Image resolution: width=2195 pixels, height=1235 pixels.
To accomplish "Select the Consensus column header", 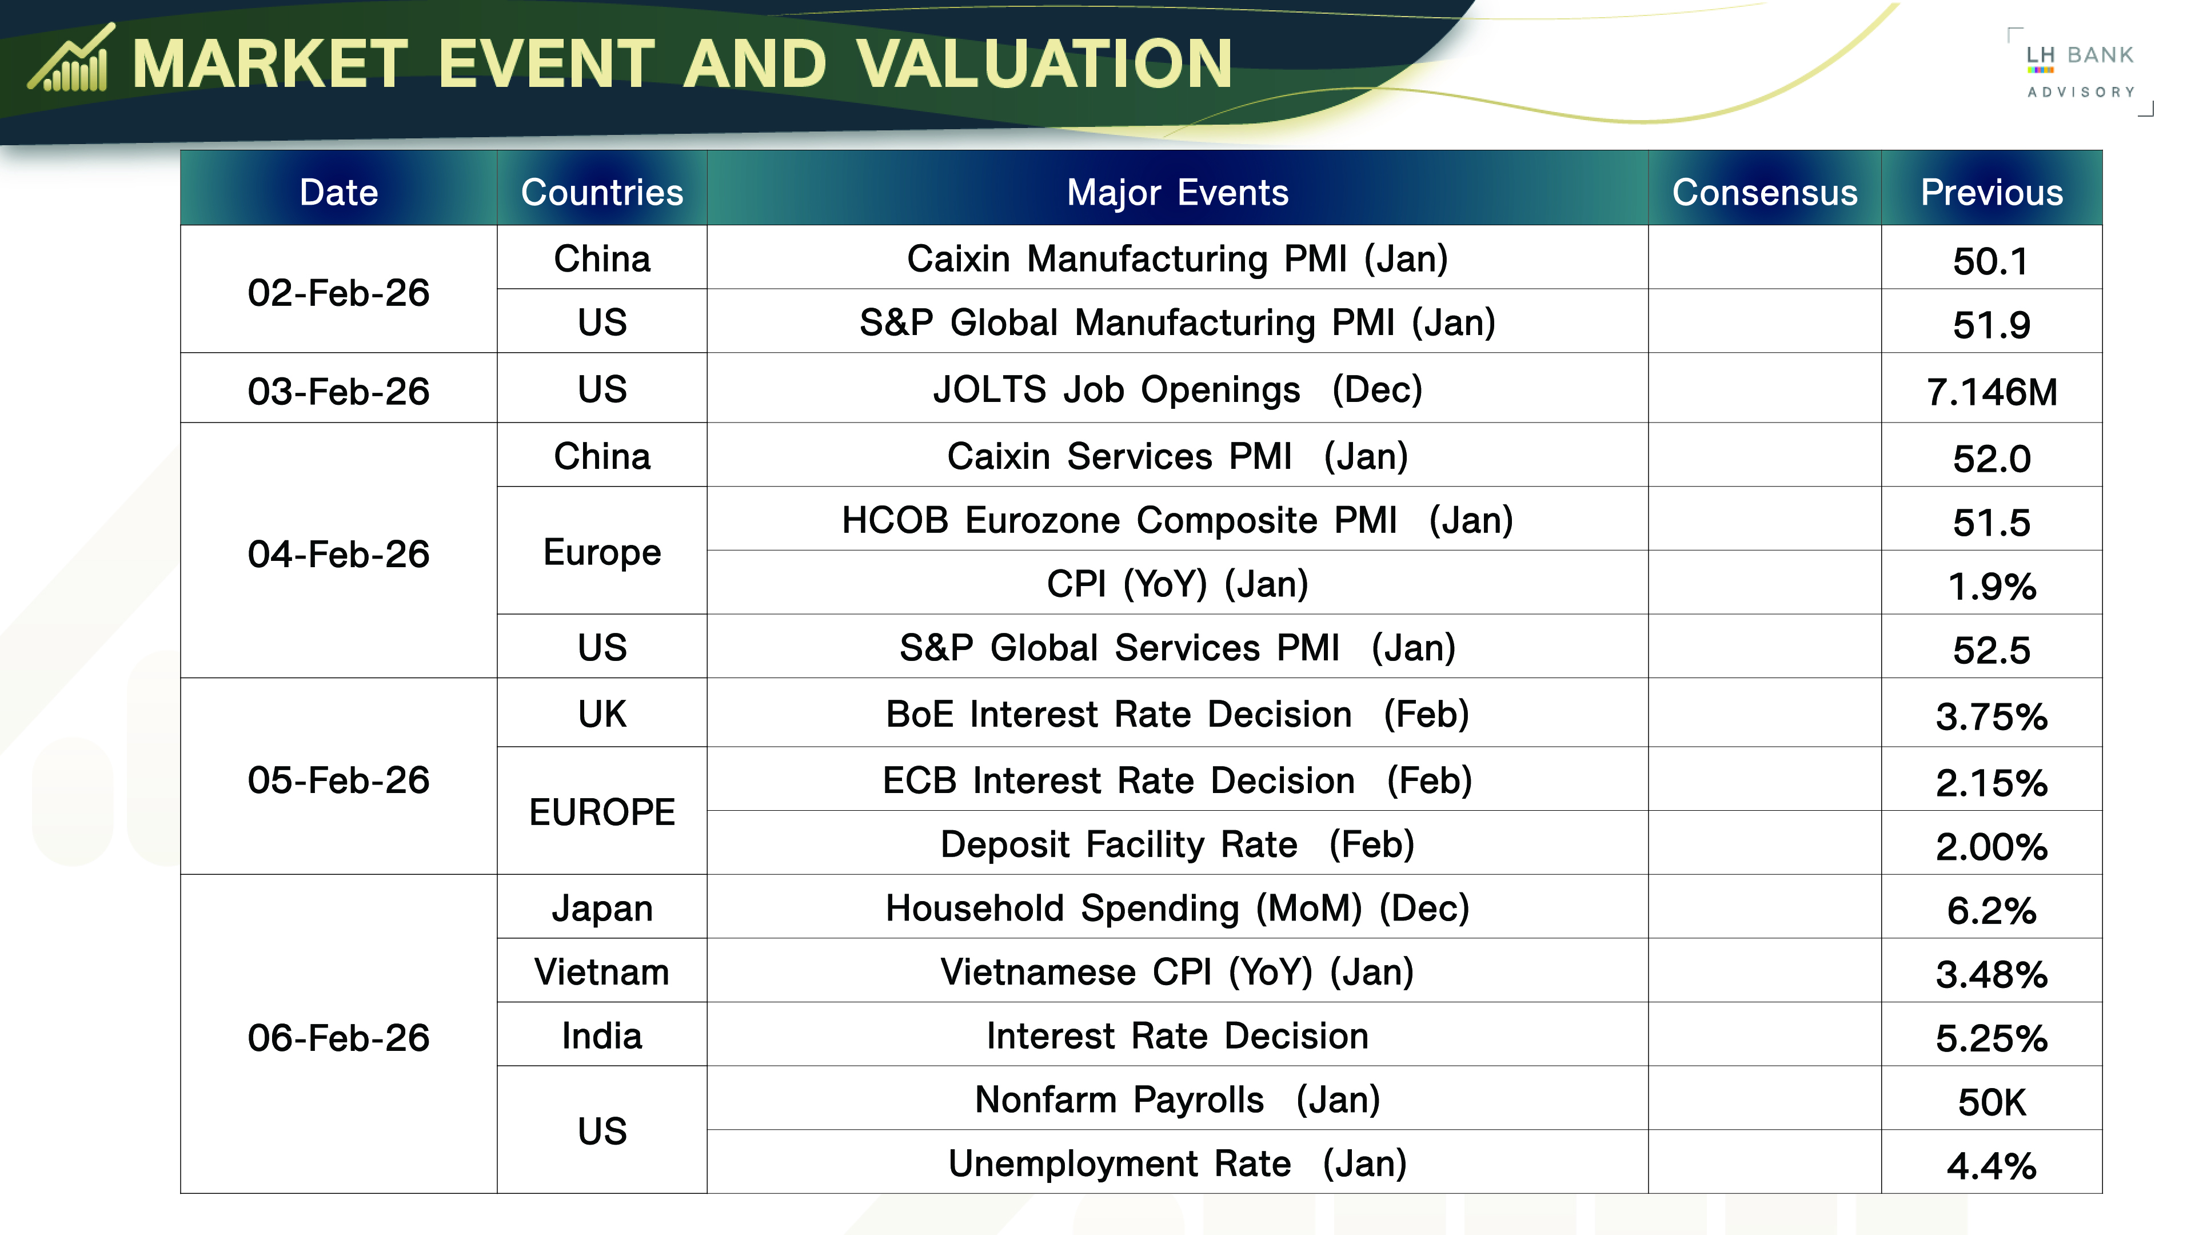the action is click(x=1765, y=192).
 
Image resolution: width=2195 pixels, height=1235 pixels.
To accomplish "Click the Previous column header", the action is click(x=1992, y=192).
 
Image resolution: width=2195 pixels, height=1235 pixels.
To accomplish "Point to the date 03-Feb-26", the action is click(x=338, y=391).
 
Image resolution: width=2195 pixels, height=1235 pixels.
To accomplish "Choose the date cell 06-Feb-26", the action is click(x=338, y=1037).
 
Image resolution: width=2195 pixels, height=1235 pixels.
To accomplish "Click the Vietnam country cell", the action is click(x=601, y=971).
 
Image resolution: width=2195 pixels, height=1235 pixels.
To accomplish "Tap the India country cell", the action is click(x=601, y=1035).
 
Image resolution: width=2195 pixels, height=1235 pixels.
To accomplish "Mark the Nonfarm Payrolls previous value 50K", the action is click(x=1992, y=1102).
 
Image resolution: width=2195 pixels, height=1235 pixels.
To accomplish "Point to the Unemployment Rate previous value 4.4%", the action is click(x=1992, y=1166).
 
